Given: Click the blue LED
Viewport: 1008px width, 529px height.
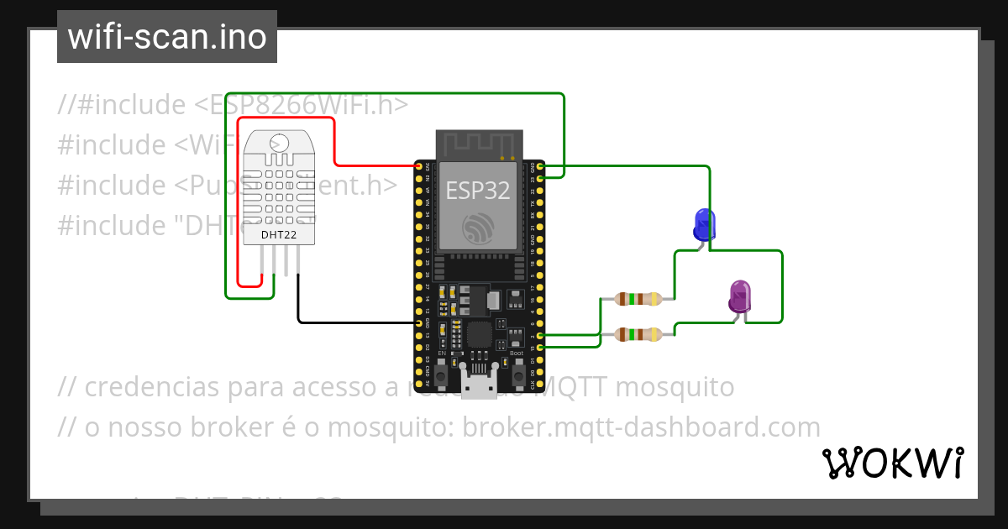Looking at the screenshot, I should click(704, 225).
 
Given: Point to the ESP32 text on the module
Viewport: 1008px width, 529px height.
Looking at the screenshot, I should click(477, 190).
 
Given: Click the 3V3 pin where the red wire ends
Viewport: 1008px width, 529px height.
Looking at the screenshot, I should click(418, 166).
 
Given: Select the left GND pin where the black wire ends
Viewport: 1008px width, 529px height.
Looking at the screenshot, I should click(418, 322).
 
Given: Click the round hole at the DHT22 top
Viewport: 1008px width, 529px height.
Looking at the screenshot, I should click(279, 144).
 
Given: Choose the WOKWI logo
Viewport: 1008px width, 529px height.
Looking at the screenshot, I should click(892, 463).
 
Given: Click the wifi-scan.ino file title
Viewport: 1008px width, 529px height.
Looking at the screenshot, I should click(167, 37).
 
